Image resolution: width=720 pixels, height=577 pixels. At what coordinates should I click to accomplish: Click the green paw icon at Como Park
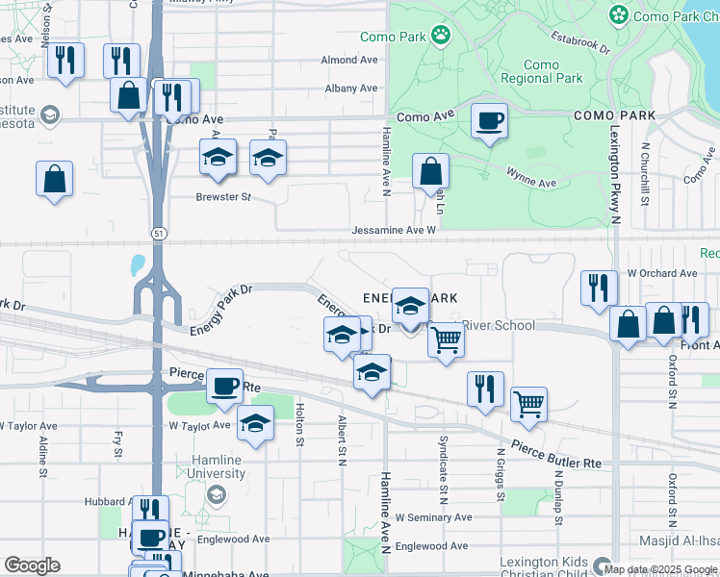[x=440, y=36]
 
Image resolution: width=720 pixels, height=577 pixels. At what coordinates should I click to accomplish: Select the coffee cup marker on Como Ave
[x=489, y=121]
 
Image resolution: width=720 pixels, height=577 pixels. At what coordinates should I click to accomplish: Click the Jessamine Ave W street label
[x=394, y=231]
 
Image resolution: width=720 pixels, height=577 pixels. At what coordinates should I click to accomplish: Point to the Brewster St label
[x=223, y=196]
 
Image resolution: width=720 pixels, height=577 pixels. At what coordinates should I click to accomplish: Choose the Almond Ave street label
[x=350, y=60]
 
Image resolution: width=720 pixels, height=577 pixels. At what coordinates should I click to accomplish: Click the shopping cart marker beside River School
[x=445, y=340]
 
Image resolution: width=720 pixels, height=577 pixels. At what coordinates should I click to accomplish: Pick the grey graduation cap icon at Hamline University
[x=217, y=494]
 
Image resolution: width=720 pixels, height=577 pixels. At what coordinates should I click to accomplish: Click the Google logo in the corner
[x=32, y=565]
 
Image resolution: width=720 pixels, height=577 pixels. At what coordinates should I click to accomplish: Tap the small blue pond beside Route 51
[x=138, y=264]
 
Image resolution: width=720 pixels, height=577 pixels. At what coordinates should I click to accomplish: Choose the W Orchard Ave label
[x=661, y=273]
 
